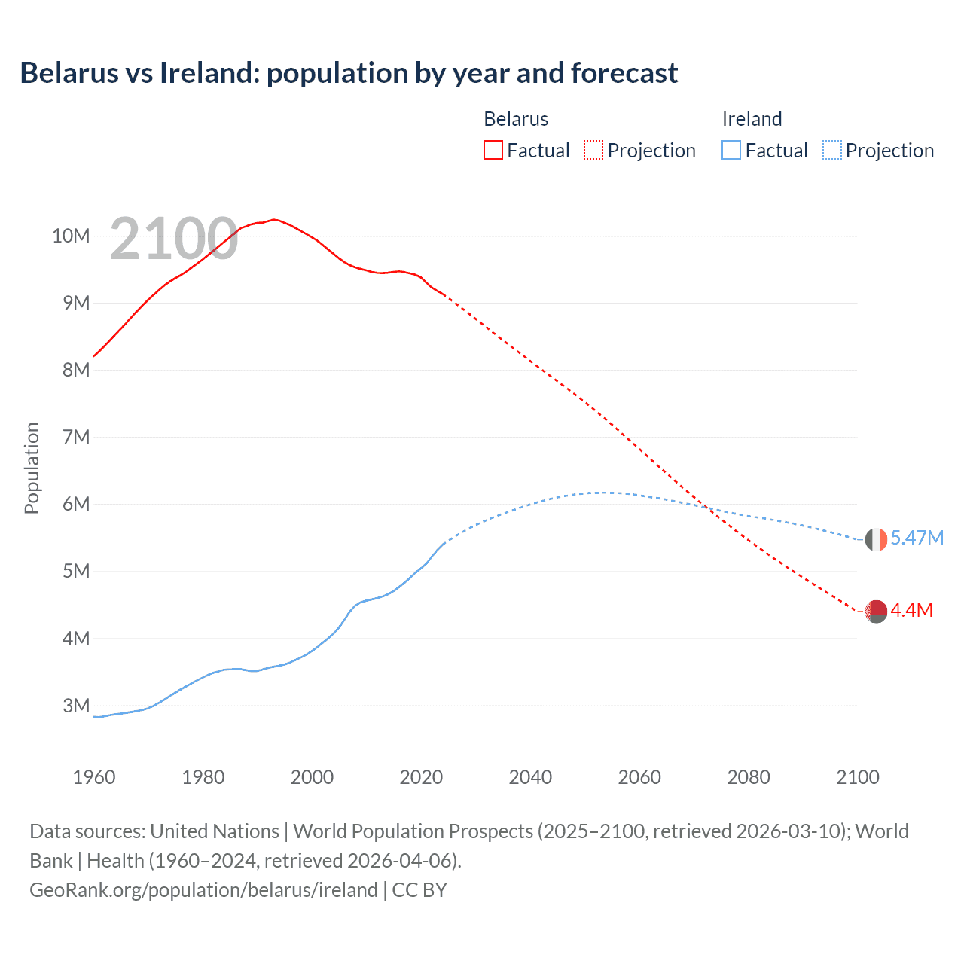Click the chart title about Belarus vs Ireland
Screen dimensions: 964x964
[x=349, y=73]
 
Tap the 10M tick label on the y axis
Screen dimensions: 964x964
[x=71, y=236]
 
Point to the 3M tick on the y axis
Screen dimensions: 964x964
[x=76, y=706]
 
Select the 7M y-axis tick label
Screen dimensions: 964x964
[x=76, y=437]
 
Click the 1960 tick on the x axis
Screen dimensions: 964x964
[x=94, y=777]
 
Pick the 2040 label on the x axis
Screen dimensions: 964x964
[x=530, y=777]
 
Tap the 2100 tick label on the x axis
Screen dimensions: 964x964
[x=857, y=777]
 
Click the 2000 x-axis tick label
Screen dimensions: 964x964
[x=312, y=777]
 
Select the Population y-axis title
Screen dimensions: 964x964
[x=32, y=468]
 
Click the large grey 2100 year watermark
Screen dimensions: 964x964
[x=174, y=239]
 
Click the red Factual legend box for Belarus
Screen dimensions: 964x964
[x=493, y=151]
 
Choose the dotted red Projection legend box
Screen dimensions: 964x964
[x=593, y=151]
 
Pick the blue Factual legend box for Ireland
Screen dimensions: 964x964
[x=731, y=151]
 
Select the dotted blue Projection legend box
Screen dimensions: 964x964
[x=831, y=151]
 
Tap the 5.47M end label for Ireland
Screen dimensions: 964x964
[x=917, y=538]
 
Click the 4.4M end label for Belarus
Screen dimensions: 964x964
[x=911, y=610]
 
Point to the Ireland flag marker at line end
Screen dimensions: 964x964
[x=876, y=539]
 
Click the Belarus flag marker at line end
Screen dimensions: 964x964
[x=876, y=612]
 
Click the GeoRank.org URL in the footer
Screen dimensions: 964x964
[x=203, y=890]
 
